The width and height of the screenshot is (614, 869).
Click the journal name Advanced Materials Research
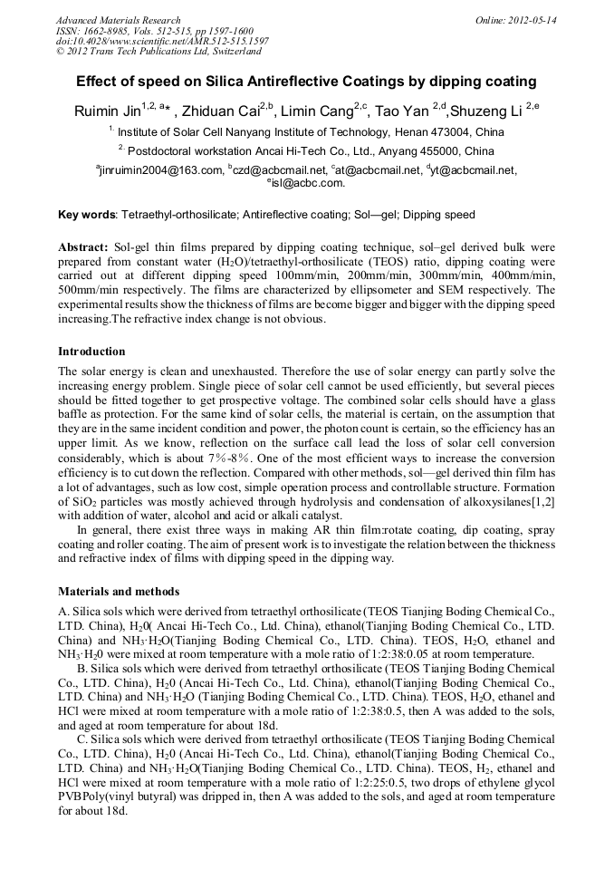pyautogui.click(x=118, y=20)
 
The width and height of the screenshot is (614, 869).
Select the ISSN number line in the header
pyautogui.click(x=154, y=31)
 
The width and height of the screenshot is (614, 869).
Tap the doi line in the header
pyautogui.click(x=162, y=42)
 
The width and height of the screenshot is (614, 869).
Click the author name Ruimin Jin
pyautogui.click(x=107, y=111)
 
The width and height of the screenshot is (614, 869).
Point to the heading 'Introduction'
pyautogui.click(x=91, y=351)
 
